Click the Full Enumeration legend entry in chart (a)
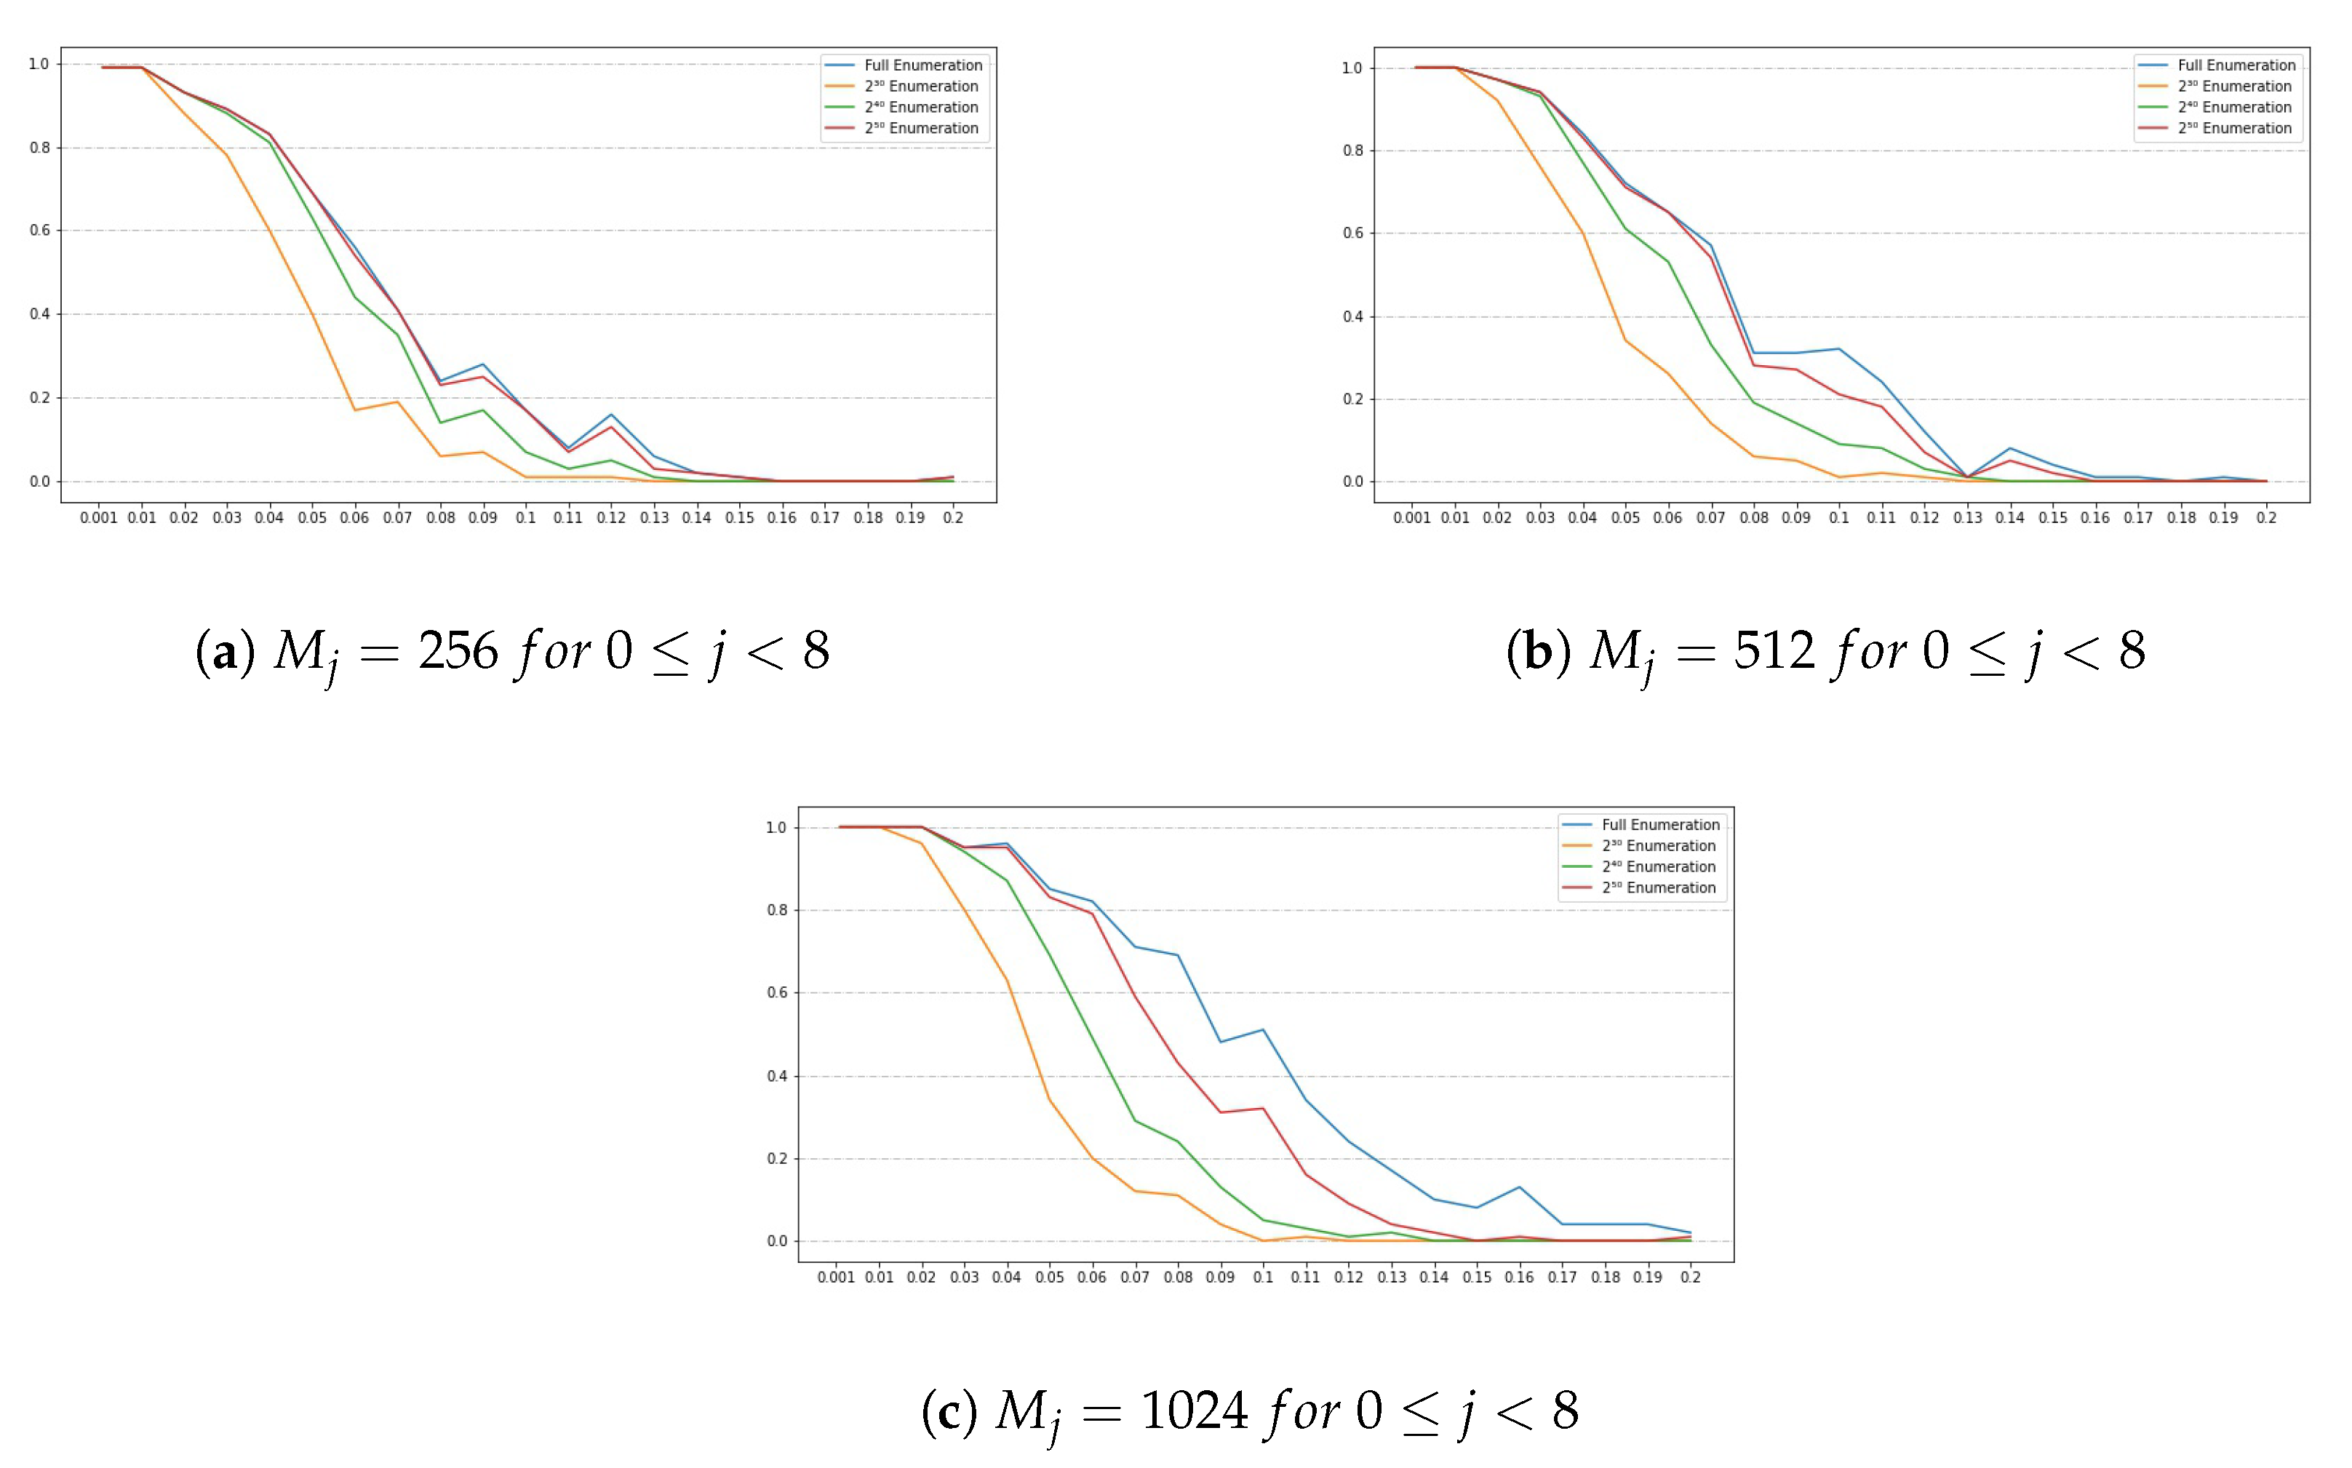922,65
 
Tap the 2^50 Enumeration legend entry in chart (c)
1659,887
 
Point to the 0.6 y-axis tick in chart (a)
40,230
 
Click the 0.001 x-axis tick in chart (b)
1411,517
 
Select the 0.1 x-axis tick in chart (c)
1263,1277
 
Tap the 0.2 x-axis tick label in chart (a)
953,517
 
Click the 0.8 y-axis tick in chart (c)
776,910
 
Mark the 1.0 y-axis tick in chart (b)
1352,68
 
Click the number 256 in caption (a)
458,650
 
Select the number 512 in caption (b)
1774,650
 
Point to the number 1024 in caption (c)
1194,1410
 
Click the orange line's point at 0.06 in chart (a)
354,410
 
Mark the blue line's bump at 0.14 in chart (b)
2009,449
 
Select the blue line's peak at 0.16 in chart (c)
1519,1186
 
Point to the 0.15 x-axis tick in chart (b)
2052,517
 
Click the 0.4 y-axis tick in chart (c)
776,1076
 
